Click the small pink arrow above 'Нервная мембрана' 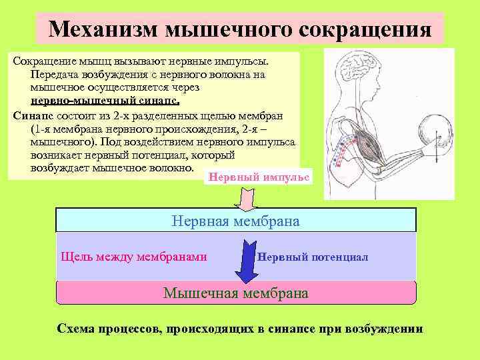[246, 198]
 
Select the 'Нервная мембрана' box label [236, 220]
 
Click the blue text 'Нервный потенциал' [312, 257]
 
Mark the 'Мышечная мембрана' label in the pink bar [236, 293]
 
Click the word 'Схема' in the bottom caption [77, 329]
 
